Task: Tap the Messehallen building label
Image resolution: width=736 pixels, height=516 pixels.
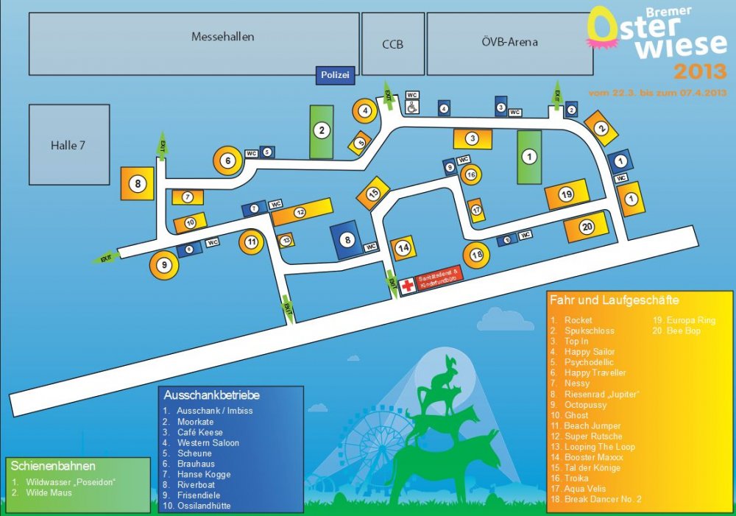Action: (x=222, y=37)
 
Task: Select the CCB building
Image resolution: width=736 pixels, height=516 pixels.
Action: (x=392, y=44)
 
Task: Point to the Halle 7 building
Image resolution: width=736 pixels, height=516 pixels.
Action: (x=69, y=145)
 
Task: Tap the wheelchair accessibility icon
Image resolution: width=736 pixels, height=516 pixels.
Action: (x=413, y=107)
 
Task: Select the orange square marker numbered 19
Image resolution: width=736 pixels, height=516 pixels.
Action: (x=566, y=195)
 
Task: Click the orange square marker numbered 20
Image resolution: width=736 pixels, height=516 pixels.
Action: (x=587, y=227)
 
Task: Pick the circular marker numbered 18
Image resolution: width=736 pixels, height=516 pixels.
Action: (x=477, y=255)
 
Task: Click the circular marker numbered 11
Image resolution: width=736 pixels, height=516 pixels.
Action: (x=252, y=241)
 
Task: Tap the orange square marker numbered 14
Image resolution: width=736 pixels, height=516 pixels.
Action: (x=403, y=249)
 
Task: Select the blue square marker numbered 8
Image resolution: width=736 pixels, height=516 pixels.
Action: (x=347, y=239)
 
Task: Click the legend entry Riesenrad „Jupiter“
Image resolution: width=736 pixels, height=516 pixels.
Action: (x=601, y=395)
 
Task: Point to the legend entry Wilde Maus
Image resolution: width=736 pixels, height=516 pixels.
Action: (x=51, y=492)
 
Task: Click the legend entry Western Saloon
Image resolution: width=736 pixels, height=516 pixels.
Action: (x=208, y=443)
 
